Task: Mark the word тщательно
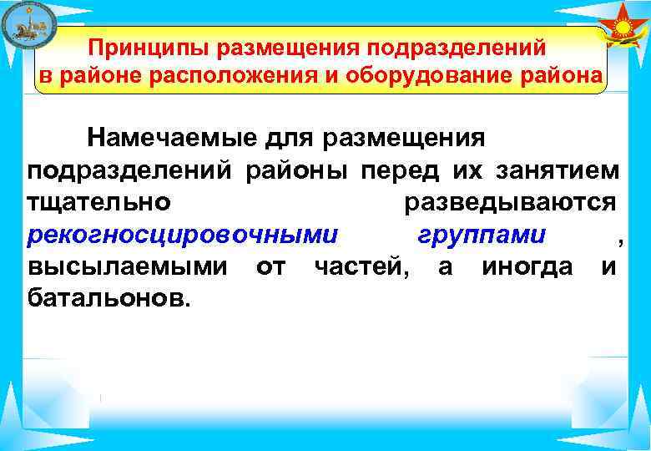pos(100,203)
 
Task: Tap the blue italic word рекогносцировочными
pos(183,236)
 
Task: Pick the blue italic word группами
pos(482,236)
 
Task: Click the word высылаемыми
pos(125,266)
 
